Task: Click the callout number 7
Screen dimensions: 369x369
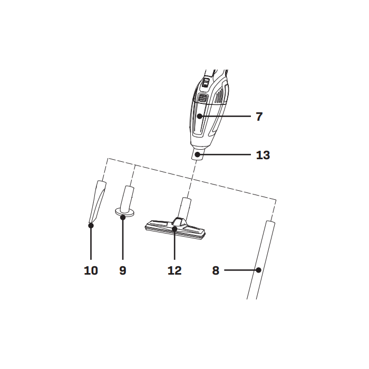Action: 259,116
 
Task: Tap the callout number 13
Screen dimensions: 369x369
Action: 263,155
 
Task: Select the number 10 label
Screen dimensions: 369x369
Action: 91,270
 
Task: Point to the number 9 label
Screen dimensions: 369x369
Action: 123,270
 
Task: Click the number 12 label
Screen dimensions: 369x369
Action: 174,270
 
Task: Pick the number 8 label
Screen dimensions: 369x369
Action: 216,270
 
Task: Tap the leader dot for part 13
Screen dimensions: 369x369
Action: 198,154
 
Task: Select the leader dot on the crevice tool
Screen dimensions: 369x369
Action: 91,226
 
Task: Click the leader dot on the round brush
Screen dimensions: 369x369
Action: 123,216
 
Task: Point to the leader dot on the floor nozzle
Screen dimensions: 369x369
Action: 174,229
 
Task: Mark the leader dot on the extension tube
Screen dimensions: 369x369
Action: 258,270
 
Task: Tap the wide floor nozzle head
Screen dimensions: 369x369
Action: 158,227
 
